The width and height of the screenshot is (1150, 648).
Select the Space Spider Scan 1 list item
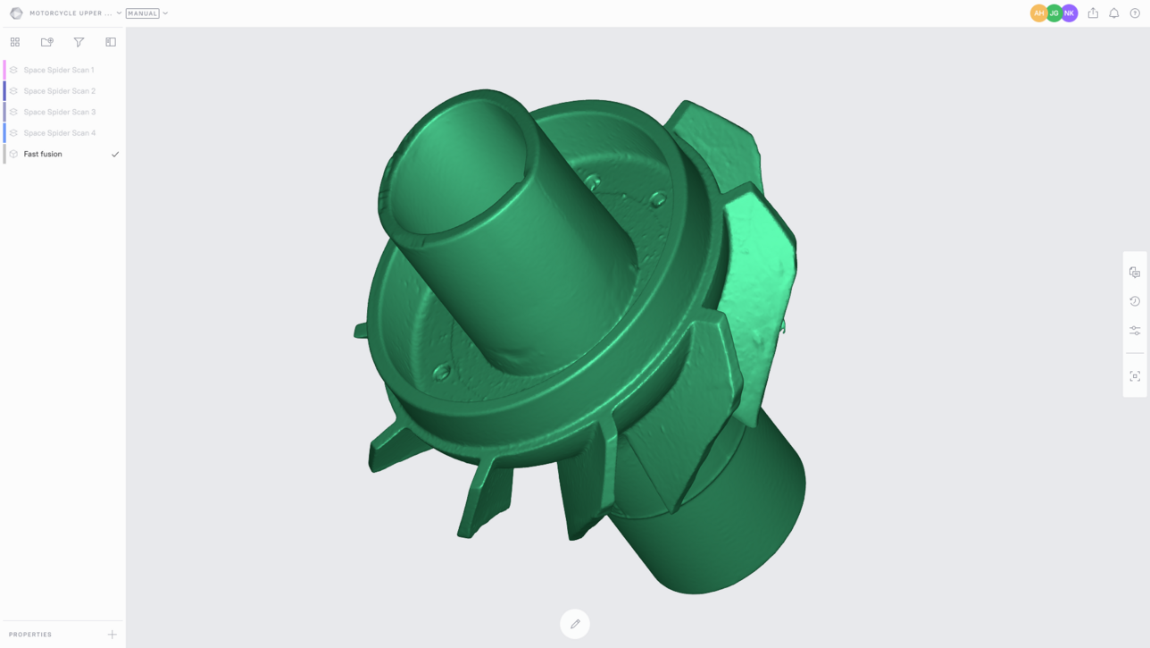[59, 70]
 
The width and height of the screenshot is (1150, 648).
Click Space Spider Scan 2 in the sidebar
[60, 91]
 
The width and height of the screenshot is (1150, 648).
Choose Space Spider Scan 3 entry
[60, 112]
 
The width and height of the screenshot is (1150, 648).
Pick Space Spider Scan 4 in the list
[60, 133]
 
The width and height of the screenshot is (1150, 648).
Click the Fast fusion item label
[43, 154]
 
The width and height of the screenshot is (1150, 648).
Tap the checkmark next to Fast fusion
[115, 154]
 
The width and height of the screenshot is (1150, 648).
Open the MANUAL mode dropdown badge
[143, 13]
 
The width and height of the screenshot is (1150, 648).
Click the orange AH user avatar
[1038, 13]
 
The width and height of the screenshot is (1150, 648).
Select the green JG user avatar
[1054, 13]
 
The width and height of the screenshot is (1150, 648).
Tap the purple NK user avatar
[1070, 13]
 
